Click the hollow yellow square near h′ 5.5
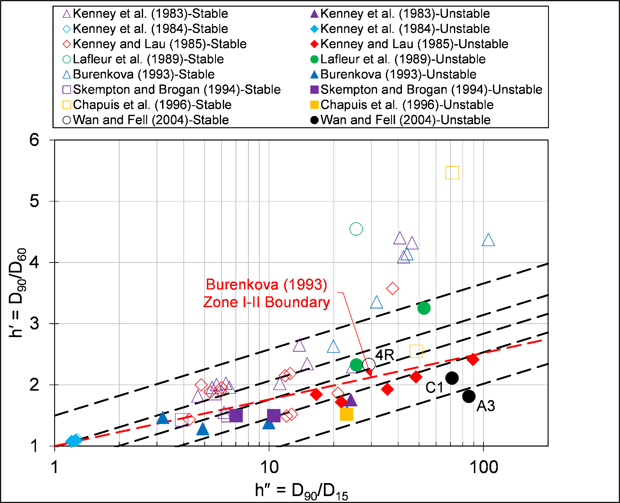tap(452, 173)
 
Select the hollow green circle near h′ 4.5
tap(356, 229)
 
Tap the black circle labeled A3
tap(469, 396)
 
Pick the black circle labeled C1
tap(452, 378)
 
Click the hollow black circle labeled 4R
tap(369, 365)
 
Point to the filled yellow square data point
tap(346, 414)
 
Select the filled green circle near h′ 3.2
tap(424, 308)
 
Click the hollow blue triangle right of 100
tap(488, 240)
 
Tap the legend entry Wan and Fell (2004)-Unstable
tap(405, 120)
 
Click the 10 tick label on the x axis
tap(269, 467)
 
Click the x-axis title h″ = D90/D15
tap(302, 491)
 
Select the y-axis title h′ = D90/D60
tap(18, 293)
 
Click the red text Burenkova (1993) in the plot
tap(266, 284)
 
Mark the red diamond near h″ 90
tap(473, 359)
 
